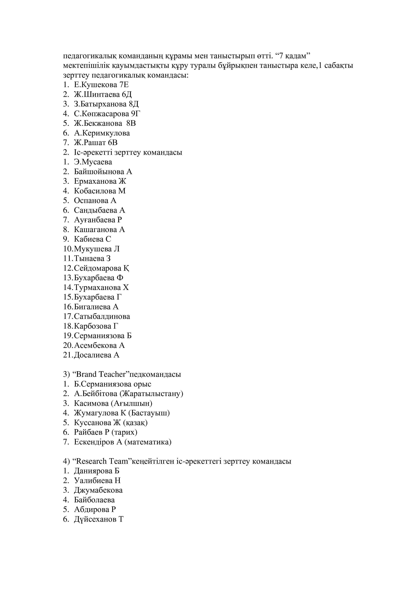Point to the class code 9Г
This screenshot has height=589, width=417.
pyautogui.click(x=136, y=114)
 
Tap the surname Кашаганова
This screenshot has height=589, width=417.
pyautogui.click(x=95, y=229)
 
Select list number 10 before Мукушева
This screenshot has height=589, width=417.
pyautogui.click(x=68, y=249)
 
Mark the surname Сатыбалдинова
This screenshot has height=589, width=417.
pyautogui.click(x=102, y=316)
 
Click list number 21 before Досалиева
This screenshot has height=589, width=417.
pyautogui.click(x=68, y=355)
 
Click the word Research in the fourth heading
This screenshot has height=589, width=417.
pyautogui.click(x=92, y=461)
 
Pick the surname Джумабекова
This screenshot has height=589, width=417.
pyautogui.click(x=98, y=490)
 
